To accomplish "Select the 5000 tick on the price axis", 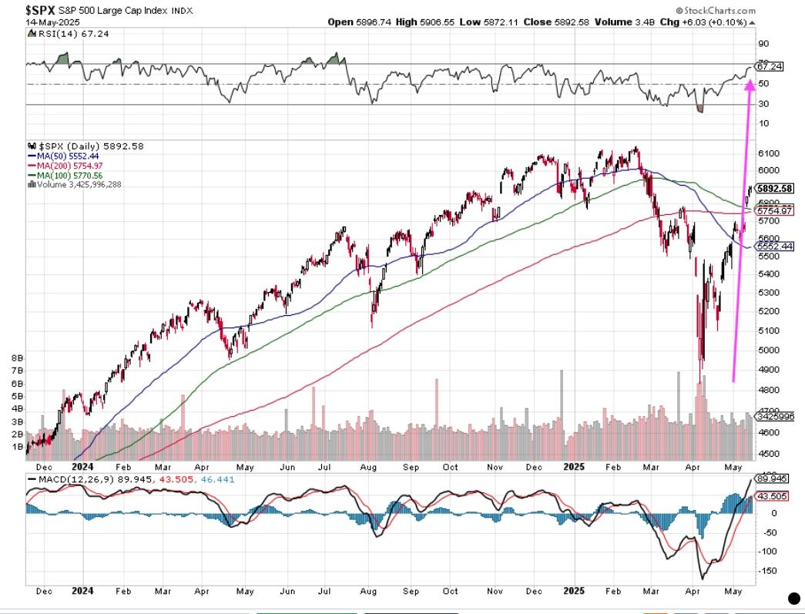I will click(766, 351).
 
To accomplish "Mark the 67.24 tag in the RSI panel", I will click(771, 66).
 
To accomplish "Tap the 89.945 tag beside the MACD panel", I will click(773, 478).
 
